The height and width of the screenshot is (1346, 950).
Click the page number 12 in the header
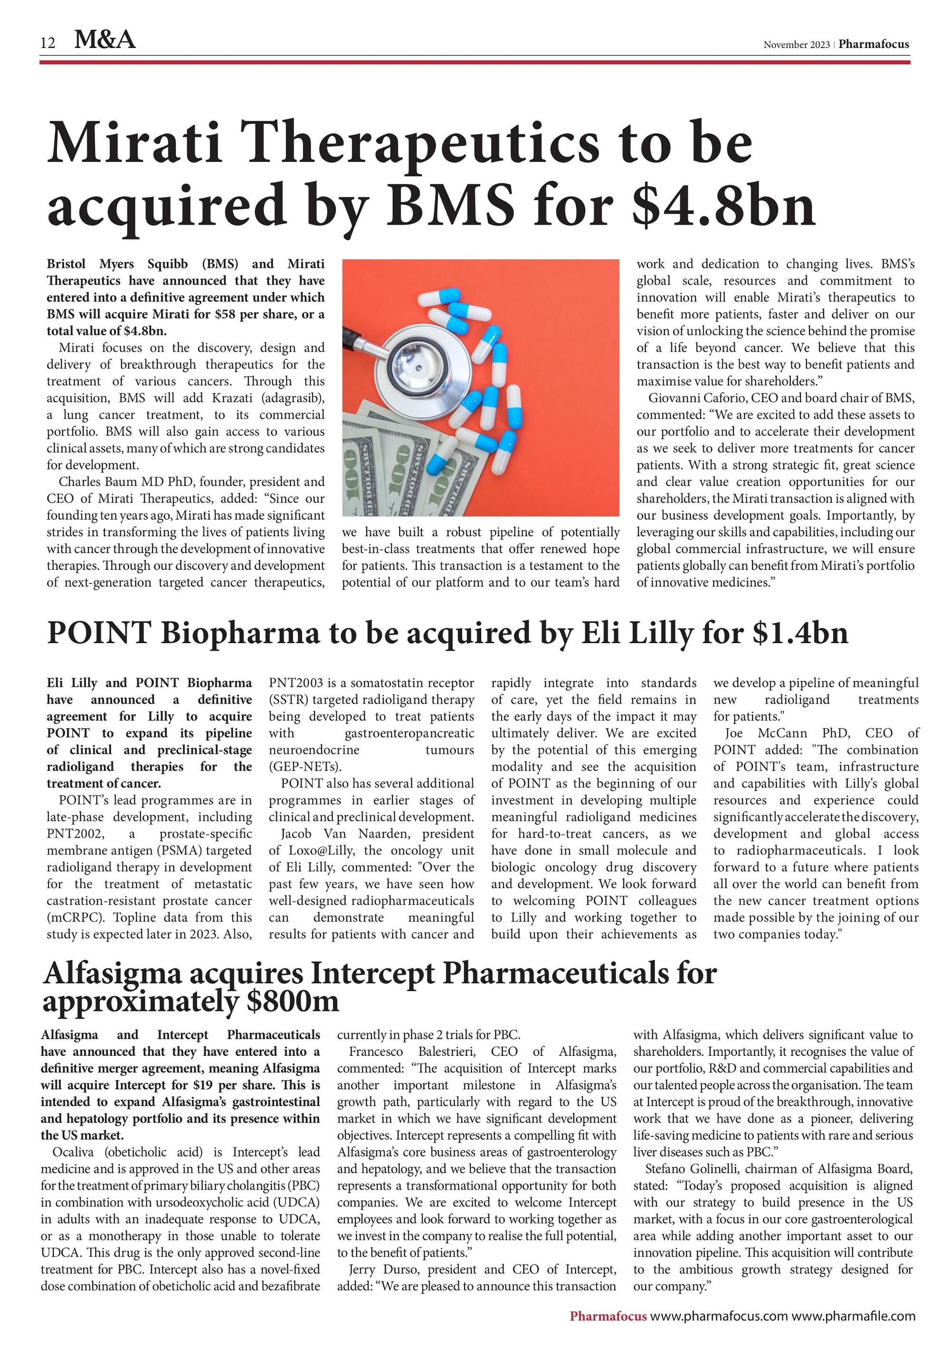(48, 42)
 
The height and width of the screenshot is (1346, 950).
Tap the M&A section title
(105, 40)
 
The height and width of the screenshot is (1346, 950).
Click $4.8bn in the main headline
(724, 205)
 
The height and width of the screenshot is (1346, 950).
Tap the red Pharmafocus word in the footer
(608, 1316)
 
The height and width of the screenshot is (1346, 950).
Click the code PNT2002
(68, 834)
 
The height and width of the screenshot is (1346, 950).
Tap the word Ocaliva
(75, 1152)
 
